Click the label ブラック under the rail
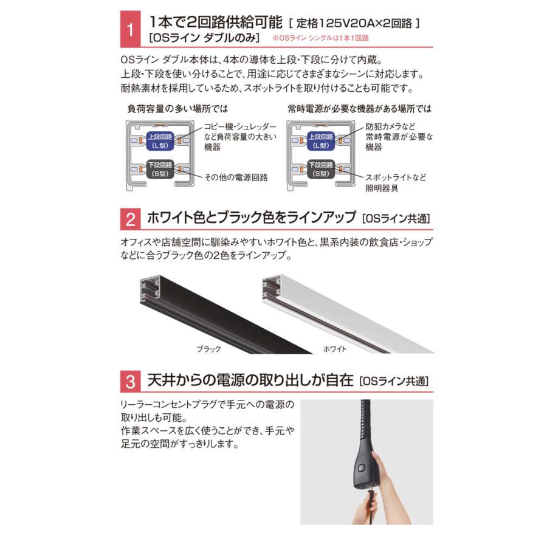click(x=208, y=349)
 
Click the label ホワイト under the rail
click(x=335, y=349)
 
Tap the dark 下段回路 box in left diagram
click(x=160, y=169)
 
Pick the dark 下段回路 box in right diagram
click(x=321, y=169)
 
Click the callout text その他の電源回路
click(x=236, y=177)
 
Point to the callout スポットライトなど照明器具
click(x=395, y=183)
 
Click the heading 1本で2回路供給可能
click(x=216, y=24)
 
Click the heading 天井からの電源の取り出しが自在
click(x=249, y=381)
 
